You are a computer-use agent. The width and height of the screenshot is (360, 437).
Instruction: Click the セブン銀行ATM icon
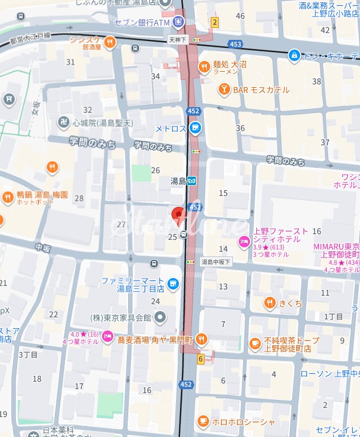point(178,23)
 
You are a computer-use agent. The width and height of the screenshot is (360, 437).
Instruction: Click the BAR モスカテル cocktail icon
point(224,89)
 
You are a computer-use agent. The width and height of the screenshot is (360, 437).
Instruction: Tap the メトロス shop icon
point(195,128)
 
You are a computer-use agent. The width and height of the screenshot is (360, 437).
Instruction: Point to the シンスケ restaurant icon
point(109,42)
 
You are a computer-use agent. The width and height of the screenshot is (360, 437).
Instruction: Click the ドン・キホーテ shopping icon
point(294,55)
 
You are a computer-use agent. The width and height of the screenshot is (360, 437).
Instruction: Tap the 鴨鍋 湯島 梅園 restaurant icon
point(7,198)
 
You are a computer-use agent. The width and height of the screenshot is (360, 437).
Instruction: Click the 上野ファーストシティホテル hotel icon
point(244,242)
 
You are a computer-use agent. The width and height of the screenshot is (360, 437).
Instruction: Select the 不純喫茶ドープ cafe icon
point(255,344)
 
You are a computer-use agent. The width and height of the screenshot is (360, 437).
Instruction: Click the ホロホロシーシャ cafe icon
point(202,421)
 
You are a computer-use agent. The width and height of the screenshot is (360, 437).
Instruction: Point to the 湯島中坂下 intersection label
point(216,262)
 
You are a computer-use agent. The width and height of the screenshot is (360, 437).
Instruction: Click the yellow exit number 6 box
point(201,359)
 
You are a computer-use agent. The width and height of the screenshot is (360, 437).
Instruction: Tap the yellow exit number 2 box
point(215,22)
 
